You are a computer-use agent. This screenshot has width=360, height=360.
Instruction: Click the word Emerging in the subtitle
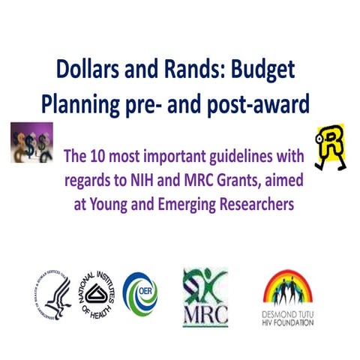tap(184, 202)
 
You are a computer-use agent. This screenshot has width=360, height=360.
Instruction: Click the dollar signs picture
tap(30, 140)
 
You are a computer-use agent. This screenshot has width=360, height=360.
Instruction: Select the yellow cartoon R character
tap(328, 142)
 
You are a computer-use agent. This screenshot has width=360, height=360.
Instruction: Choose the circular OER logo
tap(140, 292)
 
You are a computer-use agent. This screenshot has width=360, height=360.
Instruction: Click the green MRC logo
tap(205, 297)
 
